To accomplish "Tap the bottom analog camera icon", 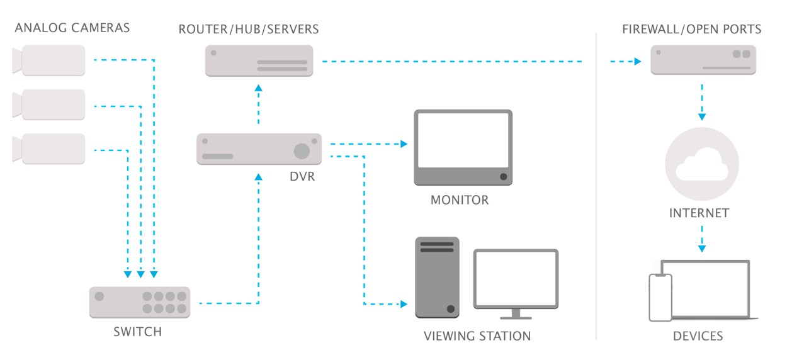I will (49, 149).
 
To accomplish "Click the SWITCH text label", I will (137, 332).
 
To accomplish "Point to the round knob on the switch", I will (99, 296).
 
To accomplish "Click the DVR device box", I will (259, 149).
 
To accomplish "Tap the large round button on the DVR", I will (302, 150).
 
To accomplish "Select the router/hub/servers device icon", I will (259, 60).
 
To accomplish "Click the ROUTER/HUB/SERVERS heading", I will (249, 29).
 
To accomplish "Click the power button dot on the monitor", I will (503, 177).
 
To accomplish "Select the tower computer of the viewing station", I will (437, 278).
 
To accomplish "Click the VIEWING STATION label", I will (477, 336).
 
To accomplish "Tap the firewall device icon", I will (703, 60).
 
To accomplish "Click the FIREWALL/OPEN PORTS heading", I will (691, 29).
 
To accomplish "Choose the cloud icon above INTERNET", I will (701, 166).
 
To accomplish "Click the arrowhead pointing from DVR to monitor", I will (404, 144).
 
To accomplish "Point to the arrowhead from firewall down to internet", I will (701, 116).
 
